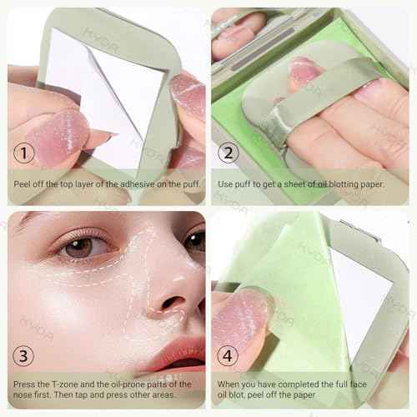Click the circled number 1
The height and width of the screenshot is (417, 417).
26,154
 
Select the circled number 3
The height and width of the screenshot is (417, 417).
26,354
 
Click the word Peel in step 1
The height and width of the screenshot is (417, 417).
22,183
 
